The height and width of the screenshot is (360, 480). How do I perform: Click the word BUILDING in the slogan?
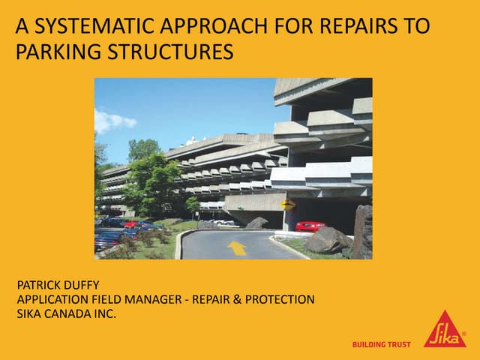371,345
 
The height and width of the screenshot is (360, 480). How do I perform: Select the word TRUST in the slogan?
403,345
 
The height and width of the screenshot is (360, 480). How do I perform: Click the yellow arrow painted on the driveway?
237,247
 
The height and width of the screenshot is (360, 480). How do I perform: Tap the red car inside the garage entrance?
310,226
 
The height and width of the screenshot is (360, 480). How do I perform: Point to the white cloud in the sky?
114,120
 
